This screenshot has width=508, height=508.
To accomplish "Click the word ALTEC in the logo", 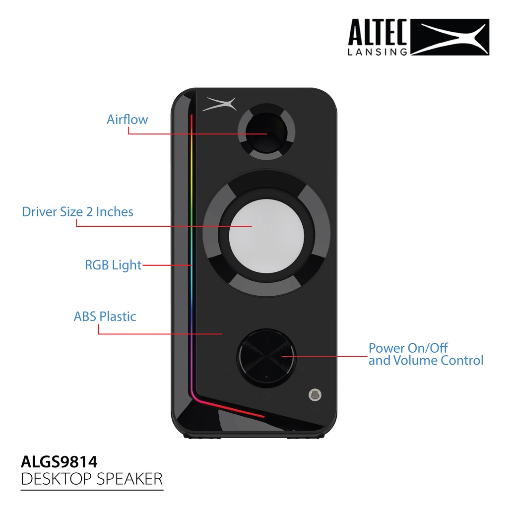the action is point(378,32).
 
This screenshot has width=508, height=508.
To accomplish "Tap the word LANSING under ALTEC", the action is point(378,52).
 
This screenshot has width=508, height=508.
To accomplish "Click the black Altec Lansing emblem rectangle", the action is point(450,37).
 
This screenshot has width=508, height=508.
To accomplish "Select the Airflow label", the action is point(127,119).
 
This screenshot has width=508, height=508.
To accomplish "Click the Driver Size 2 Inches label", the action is point(77,211).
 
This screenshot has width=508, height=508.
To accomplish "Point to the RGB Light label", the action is point(113,265).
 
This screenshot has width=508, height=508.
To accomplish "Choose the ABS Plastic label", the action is point(105,316).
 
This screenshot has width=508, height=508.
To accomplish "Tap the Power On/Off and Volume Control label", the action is point(426,354).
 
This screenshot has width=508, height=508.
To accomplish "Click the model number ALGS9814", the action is point(59,462).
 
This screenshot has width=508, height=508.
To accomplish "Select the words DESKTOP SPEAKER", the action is point(92,479).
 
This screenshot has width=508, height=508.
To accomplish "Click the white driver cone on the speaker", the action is point(266,236).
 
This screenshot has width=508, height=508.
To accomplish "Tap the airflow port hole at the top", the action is point(266,132).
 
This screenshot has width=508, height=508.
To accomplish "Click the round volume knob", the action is point(266,358).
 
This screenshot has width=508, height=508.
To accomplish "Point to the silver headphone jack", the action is point(315,394).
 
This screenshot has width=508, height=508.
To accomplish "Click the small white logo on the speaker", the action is point(219,104).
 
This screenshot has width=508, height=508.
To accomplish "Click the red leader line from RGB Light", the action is point(167,265).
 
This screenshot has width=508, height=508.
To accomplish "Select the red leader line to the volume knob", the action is point(324,356).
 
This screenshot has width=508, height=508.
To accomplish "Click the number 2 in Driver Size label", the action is point(89,212).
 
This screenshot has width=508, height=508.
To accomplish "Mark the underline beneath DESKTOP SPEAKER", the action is point(92,490).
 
